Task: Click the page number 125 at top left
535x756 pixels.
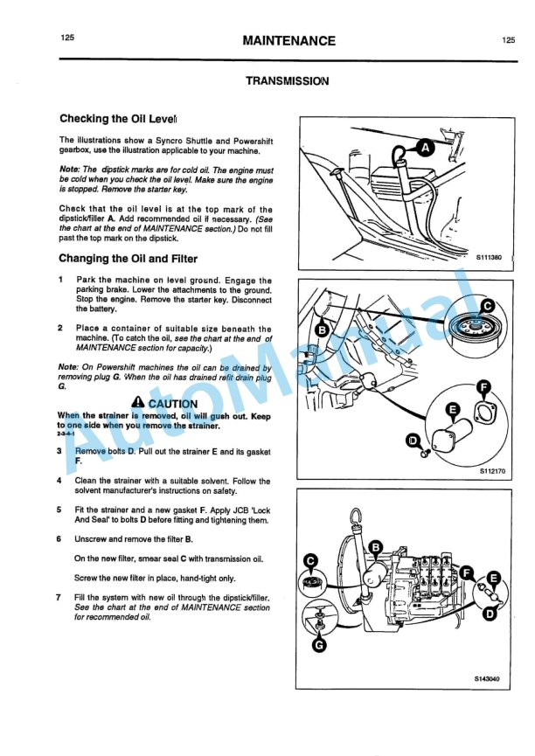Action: pyautogui.click(x=67, y=38)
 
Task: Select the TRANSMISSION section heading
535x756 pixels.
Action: pyautogui.click(x=287, y=81)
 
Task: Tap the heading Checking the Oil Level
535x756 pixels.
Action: pyautogui.click(x=118, y=119)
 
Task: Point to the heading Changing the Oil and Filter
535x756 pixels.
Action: pyautogui.click(x=128, y=259)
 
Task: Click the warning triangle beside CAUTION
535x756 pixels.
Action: pyautogui.click(x=138, y=403)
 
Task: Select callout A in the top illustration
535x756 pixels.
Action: pyautogui.click(x=425, y=148)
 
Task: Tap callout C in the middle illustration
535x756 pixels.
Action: pyautogui.click(x=487, y=306)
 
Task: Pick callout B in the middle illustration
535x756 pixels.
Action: pyautogui.click(x=322, y=329)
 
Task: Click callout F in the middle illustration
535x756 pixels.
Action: pyautogui.click(x=483, y=388)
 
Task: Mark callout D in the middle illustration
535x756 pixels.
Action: pyautogui.click(x=413, y=441)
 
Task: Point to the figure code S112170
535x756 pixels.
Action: pyautogui.click(x=490, y=471)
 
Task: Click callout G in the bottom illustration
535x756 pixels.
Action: pyautogui.click(x=320, y=646)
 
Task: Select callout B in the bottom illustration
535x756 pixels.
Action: pyautogui.click(x=376, y=547)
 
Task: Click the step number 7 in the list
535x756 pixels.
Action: pyautogui.click(x=59, y=597)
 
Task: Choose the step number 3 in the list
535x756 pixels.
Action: pyautogui.click(x=59, y=451)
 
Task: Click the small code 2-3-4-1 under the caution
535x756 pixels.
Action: pyautogui.click(x=66, y=434)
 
